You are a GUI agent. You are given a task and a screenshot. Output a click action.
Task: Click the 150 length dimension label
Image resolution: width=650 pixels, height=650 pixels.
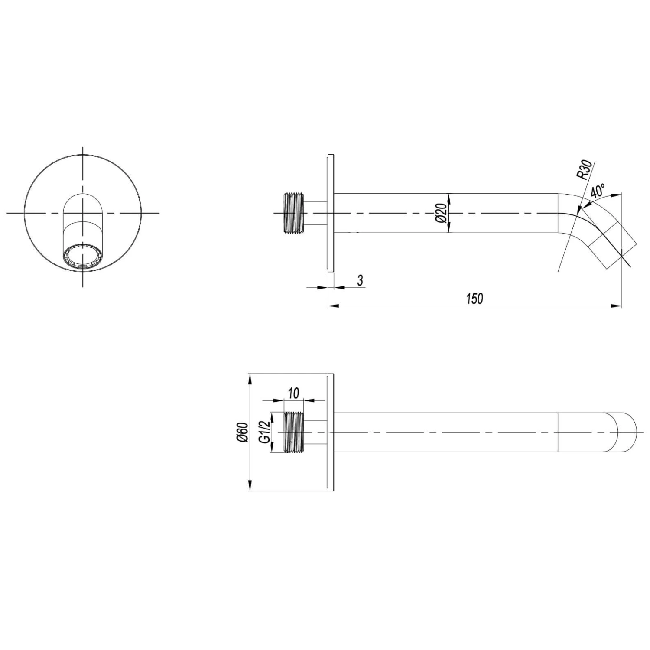point(474,299)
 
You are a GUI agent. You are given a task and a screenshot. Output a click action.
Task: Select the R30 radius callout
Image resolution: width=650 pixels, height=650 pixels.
point(584,170)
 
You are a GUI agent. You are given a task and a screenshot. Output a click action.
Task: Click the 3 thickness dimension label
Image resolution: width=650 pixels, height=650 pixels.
point(360,280)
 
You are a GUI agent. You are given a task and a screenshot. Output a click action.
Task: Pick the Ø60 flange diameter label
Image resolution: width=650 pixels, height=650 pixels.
point(242,432)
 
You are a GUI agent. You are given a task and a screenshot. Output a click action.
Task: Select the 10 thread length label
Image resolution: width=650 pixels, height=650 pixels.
point(293,393)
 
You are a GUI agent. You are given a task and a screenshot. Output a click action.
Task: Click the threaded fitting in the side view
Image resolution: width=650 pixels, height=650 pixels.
point(294,213)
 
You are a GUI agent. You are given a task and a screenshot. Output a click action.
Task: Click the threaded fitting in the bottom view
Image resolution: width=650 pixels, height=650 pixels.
point(294,432)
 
